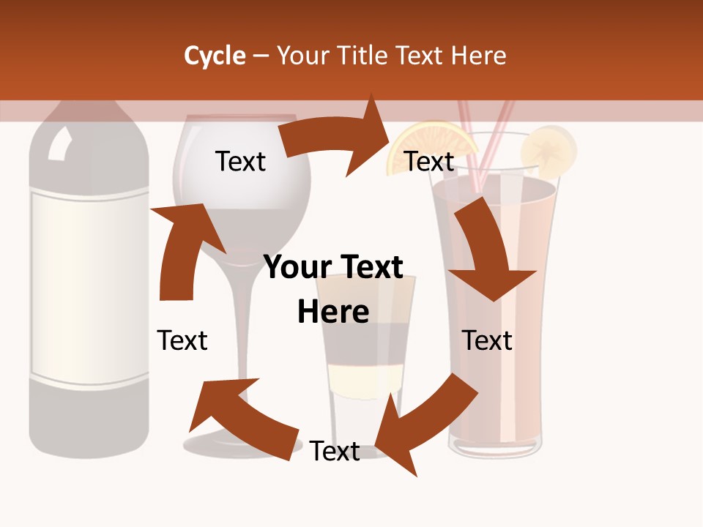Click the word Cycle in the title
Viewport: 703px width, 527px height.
(215, 56)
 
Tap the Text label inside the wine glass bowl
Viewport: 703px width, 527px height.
(240, 161)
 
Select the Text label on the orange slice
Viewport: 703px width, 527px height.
(429, 161)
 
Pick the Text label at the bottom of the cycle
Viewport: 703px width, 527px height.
(335, 451)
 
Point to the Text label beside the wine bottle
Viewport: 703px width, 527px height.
(182, 340)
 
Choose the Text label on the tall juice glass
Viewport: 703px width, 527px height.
(487, 340)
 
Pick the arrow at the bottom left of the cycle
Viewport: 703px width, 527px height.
(242, 417)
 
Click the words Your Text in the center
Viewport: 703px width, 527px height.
(333, 267)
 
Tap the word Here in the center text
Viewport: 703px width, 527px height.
(333, 312)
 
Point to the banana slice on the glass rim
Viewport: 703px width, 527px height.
(548, 150)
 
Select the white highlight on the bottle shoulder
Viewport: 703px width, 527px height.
(57, 145)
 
